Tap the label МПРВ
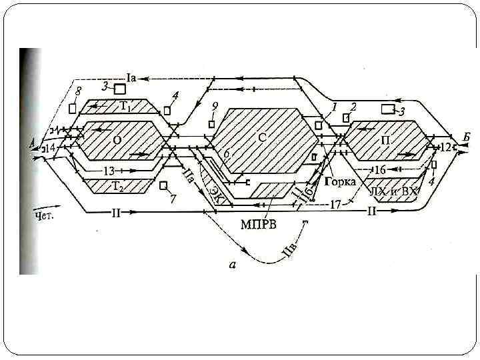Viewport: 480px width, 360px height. (259, 222)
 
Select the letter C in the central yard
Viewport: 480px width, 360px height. (262, 137)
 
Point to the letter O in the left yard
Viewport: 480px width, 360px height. (117, 140)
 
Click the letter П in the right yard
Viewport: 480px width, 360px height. (386, 141)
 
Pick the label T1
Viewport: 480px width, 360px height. (126, 106)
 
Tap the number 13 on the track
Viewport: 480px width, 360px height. (109, 171)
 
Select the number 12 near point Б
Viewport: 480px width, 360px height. (446, 147)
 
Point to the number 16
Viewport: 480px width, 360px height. (379, 170)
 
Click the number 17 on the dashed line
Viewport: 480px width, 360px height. (335, 205)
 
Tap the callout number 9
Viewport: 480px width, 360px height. (214, 106)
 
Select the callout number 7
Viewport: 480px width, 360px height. (173, 199)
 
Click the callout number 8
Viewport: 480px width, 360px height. (79, 91)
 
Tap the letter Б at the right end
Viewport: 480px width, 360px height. (467, 137)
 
